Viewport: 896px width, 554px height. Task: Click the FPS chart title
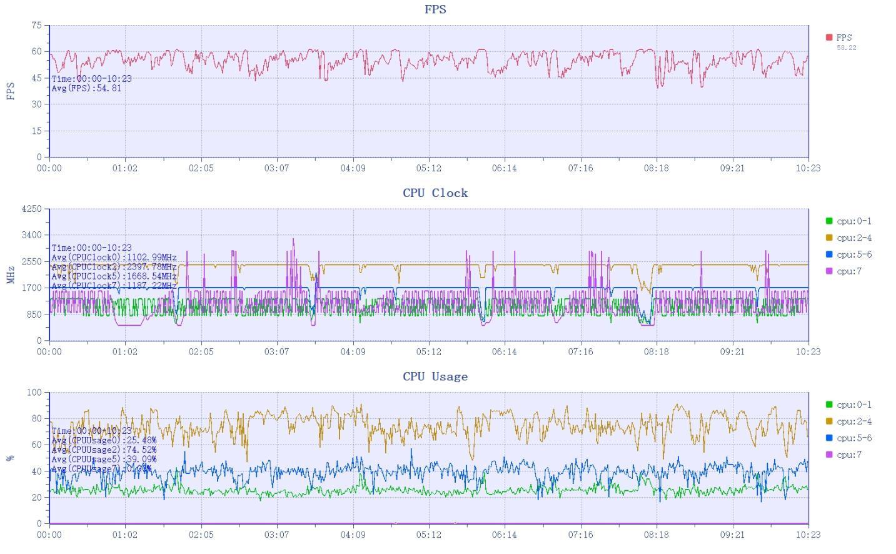[x=435, y=9]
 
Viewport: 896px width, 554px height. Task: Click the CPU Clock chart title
[x=435, y=193]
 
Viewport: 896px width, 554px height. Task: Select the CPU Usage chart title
[x=435, y=376]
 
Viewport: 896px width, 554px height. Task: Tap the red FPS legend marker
[x=829, y=38]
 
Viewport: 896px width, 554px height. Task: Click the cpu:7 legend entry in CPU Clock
[x=848, y=271]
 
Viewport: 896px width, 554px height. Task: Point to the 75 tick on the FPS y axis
[x=36, y=26]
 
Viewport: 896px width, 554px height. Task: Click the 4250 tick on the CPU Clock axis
[x=31, y=209]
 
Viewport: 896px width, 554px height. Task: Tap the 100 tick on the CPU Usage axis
[x=34, y=393]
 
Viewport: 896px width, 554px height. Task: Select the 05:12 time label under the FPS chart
[x=428, y=168]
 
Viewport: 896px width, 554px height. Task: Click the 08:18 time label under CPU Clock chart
[x=656, y=352]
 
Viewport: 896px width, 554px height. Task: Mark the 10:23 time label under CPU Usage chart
[x=808, y=535]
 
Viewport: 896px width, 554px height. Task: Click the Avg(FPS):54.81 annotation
[x=86, y=88]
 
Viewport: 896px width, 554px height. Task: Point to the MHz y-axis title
[x=11, y=274]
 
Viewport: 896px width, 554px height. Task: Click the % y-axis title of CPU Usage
[x=11, y=458]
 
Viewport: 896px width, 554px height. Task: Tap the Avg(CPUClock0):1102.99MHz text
[x=114, y=257]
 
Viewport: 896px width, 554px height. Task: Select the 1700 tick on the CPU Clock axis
[x=31, y=288]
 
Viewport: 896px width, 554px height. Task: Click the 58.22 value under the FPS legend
[x=846, y=48]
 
